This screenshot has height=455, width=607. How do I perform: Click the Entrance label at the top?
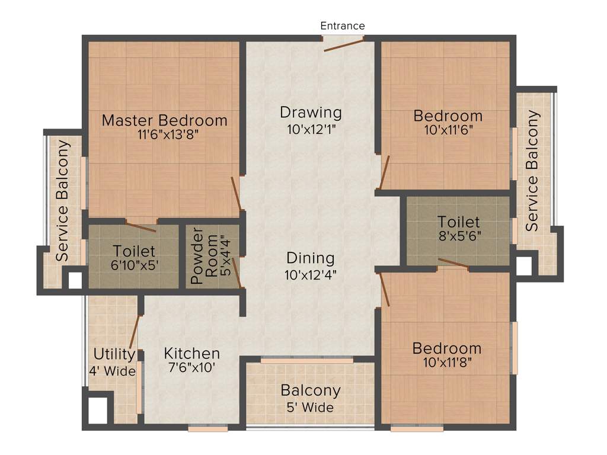tap(343, 25)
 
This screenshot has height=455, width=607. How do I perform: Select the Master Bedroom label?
tap(164, 120)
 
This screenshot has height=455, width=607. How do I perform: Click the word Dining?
tap(311, 258)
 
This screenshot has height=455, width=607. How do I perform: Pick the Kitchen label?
tap(192, 354)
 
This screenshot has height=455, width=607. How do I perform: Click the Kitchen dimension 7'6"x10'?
tap(192, 367)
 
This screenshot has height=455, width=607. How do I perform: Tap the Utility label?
tap(114, 354)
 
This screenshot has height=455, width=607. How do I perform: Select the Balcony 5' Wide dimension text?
tap(311, 407)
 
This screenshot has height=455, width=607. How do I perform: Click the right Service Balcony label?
tap(533, 171)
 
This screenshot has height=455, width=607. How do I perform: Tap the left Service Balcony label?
tap(62, 201)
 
